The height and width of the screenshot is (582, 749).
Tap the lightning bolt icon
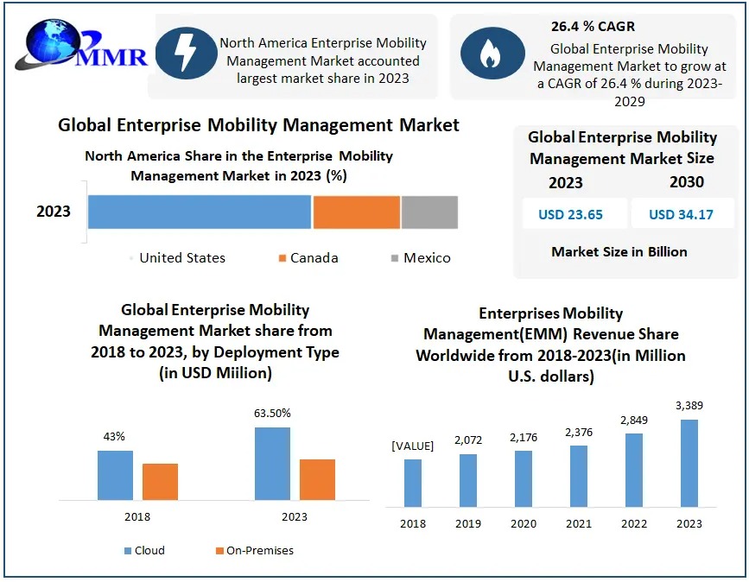[x=185, y=53]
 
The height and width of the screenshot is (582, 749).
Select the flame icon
[x=490, y=53]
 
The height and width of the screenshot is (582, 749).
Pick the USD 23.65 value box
[x=570, y=214]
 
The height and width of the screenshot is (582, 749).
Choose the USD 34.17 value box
[x=681, y=214]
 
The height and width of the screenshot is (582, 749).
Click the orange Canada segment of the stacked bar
[x=356, y=212]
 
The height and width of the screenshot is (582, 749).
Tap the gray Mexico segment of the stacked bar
[x=428, y=212]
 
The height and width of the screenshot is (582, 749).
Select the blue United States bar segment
[x=199, y=212]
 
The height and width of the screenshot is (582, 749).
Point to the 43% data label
[x=115, y=438]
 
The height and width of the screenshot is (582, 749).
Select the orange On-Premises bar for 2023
[x=317, y=479]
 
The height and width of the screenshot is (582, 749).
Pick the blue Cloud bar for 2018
[x=115, y=475]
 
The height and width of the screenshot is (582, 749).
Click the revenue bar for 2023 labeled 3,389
[x=689, y=463]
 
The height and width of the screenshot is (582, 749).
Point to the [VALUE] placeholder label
[x=413, y=446]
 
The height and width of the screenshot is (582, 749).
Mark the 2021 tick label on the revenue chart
[x=579, y=523]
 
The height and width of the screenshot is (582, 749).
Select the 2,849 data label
[x=634, y=420]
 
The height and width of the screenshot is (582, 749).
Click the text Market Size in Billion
[x=619, y=252]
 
